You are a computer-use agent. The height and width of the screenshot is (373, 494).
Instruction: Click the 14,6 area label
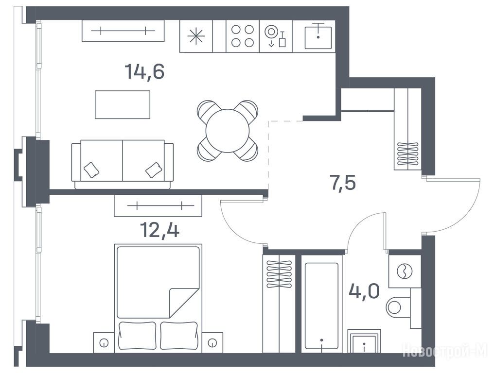(x=144, y=72)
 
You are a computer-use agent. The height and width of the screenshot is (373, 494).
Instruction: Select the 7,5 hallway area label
(x=343, y=183)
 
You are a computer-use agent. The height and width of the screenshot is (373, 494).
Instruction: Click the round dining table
(x=228, y=131)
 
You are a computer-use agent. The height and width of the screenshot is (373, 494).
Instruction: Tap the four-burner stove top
(x=243, y=36)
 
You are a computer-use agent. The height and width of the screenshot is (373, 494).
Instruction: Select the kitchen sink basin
(x=318, y=38)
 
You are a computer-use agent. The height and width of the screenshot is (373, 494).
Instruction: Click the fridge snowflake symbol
(x=196, y=36)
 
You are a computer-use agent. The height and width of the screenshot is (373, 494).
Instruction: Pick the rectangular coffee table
(x=123, y=104)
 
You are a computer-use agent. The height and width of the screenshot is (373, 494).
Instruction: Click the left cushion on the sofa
(x=91, y=170)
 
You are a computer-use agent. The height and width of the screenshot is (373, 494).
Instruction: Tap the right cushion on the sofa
(x=154, y=170)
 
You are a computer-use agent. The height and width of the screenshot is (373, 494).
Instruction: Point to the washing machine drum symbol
(x=405, y=271)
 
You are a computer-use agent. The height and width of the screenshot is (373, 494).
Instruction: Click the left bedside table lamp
(x=104, y=343)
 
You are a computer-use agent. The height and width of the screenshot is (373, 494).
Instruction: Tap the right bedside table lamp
(x=212, y=343)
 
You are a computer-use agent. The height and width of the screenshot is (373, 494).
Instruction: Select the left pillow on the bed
(x=138, y=335)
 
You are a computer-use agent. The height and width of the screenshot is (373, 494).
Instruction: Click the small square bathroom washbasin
(x=364, y=341)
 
